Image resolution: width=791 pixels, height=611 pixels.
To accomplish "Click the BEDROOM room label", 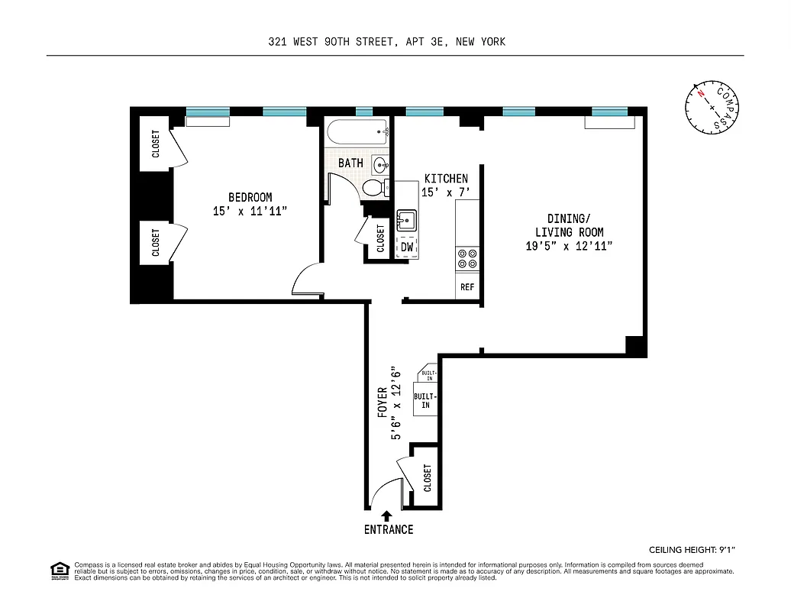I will (250, 197).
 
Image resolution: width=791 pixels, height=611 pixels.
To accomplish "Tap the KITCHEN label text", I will (446, 179).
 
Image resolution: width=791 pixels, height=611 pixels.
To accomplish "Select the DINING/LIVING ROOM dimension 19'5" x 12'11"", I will (568, 245).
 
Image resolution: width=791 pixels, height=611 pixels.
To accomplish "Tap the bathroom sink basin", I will (380, 164).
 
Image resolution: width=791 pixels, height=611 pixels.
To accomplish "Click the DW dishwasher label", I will (407, 247).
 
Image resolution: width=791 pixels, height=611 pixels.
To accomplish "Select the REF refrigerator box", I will (467, 287).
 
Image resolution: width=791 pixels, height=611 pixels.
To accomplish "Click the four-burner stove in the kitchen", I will (467, 259).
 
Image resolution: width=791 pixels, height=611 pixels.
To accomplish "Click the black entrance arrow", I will (387, 516).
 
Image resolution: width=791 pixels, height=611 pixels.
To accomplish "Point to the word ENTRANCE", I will (388, 529).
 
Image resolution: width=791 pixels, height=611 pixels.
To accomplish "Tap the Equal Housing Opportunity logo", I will (58, 569).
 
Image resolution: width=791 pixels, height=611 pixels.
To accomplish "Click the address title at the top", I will (386, 42).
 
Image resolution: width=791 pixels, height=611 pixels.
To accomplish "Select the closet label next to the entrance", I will (427, 478).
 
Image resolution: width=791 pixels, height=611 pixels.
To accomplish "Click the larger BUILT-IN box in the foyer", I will (425, 401).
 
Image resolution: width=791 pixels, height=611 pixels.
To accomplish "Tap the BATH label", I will (350, 163).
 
